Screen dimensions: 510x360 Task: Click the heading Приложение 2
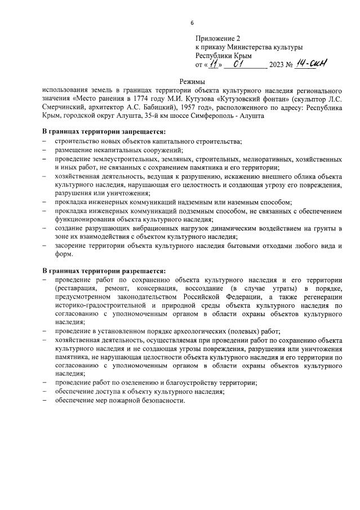coord(218,38)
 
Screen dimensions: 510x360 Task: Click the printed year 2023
coord(277,65)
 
